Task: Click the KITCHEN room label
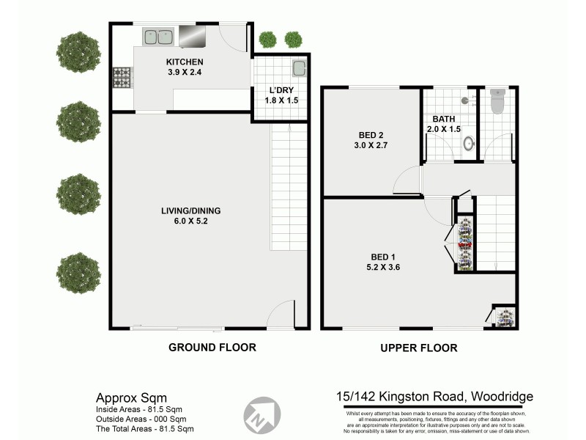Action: tap(184, 62)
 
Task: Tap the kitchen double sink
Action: tap(156, 36)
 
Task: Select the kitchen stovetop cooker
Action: tap(121, 77)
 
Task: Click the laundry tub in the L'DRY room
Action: tap(299, 69)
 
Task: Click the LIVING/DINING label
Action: tap(190, 211)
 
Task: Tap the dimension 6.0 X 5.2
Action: tap(190, 222)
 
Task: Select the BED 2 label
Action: tap(371, 135)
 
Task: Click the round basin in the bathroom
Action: tap(469, 144)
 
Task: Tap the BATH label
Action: tap(444, 119)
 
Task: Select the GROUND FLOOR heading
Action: tap(212, 348)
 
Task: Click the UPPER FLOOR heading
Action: tap(419, 348)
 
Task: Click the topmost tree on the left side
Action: tap(78, 50)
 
